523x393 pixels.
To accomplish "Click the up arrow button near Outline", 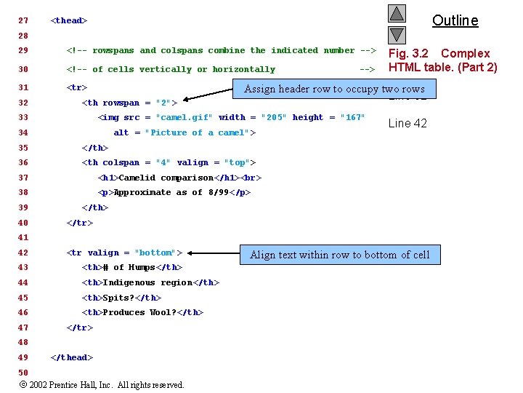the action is pos(396,14).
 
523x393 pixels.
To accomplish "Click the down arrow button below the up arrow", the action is pos(396,34).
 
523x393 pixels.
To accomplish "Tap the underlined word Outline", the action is pos(455,20).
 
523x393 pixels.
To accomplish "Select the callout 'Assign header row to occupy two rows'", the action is pos(334,89).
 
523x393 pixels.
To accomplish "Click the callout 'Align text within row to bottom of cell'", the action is pos(339,254).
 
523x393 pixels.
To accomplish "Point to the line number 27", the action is pos(23,20).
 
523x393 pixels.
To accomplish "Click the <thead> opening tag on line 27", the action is pos(69,20).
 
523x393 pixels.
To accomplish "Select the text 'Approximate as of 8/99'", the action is pos(172,192).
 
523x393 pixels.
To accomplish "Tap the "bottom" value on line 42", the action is pos(155,253).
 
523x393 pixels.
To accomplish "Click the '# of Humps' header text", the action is pos(129,267).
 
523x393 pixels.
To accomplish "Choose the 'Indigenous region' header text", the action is pos(149,282).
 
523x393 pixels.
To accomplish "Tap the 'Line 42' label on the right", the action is pos(408,123).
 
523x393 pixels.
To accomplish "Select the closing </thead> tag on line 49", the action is pos(71,357).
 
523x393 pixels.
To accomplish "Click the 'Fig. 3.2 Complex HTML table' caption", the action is pos(442,60).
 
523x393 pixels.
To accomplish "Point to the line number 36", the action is pos(23,162).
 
